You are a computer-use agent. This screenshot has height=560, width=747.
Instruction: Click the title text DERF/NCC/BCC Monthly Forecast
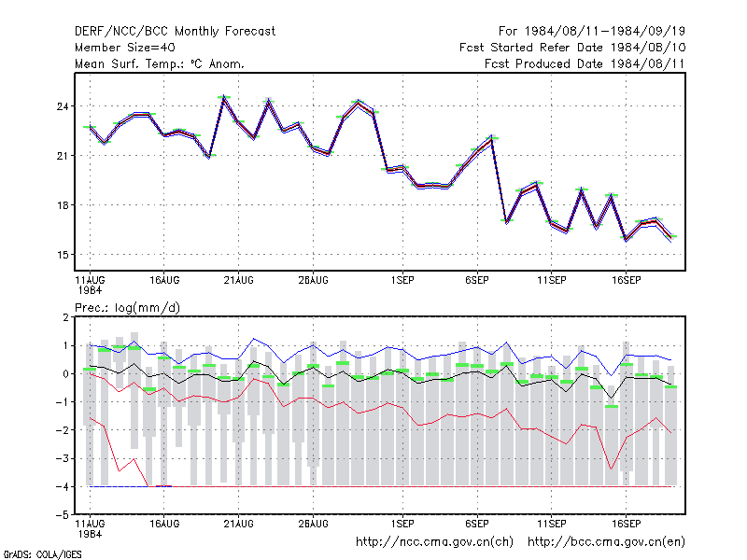175,32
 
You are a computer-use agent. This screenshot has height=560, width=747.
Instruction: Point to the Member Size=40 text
125,48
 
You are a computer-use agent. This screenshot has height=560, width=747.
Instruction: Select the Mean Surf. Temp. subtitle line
160,63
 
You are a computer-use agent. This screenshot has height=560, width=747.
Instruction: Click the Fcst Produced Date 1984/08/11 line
585,63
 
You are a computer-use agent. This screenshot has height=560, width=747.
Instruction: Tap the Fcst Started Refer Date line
572,48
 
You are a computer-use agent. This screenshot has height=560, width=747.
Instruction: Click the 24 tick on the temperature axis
63,106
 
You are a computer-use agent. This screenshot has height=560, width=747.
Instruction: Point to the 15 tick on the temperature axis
63,255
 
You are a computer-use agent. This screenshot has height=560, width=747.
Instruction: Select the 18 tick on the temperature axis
63,205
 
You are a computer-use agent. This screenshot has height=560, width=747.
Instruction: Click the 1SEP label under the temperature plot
402,281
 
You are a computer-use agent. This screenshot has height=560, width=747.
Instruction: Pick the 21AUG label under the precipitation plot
239,524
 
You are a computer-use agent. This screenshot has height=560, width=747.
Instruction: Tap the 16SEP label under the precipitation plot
626,524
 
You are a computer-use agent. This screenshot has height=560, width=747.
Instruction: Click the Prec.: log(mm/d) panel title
127,308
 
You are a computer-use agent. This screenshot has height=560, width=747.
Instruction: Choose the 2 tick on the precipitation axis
65,317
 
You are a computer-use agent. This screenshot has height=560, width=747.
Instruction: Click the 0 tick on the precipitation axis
65,374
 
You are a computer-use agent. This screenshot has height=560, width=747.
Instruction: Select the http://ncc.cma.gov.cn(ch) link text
434,542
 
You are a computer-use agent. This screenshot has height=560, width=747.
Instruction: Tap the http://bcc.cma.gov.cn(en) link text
606,542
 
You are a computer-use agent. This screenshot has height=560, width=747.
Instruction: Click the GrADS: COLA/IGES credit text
42,554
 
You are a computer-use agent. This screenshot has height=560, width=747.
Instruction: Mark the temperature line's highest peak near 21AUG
223,97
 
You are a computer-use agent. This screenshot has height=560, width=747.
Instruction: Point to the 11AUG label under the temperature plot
90,281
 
